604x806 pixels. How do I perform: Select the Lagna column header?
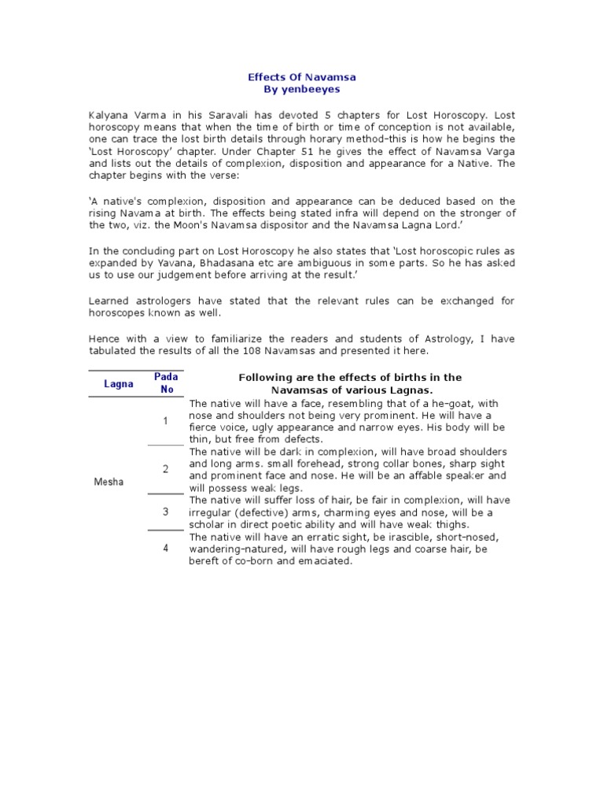[x=119, y=384]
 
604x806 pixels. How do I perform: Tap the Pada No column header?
[x=166, y=383]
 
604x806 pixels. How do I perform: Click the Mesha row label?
[x=109, y=482]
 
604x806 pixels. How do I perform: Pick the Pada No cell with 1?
[x=166, y=421]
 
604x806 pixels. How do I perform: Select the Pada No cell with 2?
[x=166, y=469]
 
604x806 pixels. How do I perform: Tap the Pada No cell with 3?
[x=166, y=512]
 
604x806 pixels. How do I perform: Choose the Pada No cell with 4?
[x=166, y=548]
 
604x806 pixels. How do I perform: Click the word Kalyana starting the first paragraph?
[x=110, y=116]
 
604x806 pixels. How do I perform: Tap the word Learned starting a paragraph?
[x=109, y=301]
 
